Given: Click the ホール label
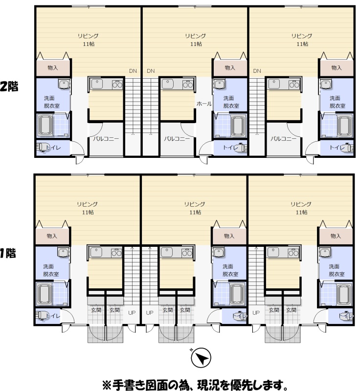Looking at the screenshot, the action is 204,104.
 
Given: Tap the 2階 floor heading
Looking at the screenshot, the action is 9,87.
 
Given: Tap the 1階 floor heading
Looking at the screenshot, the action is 8,253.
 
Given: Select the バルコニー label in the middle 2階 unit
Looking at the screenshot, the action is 177,138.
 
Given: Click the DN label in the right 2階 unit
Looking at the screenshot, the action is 257,71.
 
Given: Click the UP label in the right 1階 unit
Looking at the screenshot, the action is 256,313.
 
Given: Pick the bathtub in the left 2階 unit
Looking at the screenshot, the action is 45,126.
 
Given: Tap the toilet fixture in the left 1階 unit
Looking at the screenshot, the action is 40,316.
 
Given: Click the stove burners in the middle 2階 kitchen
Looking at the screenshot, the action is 188,85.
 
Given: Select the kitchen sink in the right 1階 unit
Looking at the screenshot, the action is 273,252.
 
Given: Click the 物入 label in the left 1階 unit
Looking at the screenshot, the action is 52,236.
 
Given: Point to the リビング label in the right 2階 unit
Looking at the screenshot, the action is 302,36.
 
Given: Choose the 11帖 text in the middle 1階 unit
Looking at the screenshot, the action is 195,212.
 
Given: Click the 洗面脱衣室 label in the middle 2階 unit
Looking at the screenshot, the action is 231,102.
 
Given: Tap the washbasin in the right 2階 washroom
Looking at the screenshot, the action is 326,84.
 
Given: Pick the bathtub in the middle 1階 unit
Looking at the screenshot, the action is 237,294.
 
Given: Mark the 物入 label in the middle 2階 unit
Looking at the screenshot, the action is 230,67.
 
